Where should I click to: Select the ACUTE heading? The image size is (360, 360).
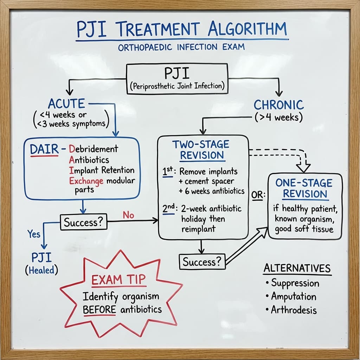coord(66,104)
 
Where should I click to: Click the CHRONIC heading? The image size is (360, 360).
coord(278,105)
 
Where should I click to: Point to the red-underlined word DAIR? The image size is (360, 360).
coord(44,149)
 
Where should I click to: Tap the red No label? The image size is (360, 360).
coord(128,215)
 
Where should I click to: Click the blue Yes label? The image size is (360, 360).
coord(34,233)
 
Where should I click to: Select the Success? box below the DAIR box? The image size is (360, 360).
coord(84,223)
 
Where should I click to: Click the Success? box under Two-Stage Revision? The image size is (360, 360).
coord(202,262)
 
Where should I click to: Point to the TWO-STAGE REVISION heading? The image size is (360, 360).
coord(201,149)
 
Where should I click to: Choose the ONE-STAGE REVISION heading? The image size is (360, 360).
coord(304,188)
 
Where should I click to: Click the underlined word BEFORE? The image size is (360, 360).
coord(99,309)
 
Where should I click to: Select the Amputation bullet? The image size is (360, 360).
coord(293,296)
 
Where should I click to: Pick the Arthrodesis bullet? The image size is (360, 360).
coord(294,310)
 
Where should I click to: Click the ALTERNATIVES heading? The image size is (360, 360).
coord(297,268)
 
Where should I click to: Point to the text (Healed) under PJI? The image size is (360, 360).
coord(41,270)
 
